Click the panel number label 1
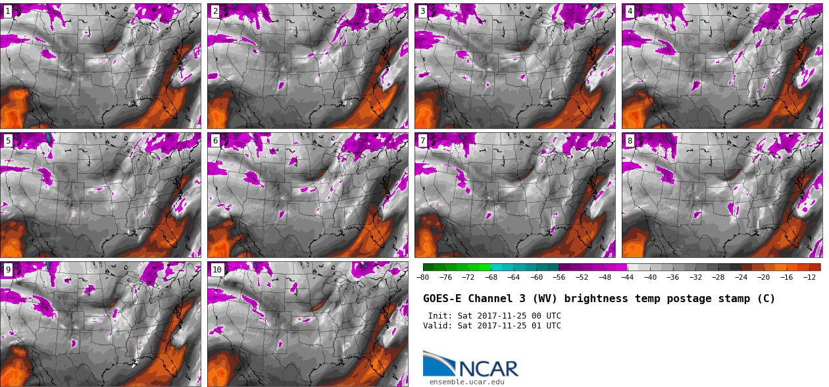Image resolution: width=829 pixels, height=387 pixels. [x=8, y=11]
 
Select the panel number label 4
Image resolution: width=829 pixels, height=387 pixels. [x=630, y=11]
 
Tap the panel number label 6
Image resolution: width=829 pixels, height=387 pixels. [x=215, y=140]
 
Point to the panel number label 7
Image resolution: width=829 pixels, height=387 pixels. [x=422, y=140]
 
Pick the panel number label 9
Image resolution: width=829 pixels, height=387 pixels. [x=8, y=269]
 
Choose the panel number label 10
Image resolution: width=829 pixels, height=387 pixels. [x=217, y=269]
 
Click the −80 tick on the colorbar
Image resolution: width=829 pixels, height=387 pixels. [x=423, y=277]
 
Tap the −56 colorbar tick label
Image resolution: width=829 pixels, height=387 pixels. [x=559, y=277]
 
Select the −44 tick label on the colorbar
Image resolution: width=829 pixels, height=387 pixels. [x=627, y=277]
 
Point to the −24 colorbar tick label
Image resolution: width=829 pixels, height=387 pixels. [x=741, y=277]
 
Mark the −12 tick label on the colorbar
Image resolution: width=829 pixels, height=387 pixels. [x=809, y=277]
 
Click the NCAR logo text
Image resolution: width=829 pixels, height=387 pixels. [x=489, y=369]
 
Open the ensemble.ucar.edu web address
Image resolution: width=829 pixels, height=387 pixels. [x=466, y=382]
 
